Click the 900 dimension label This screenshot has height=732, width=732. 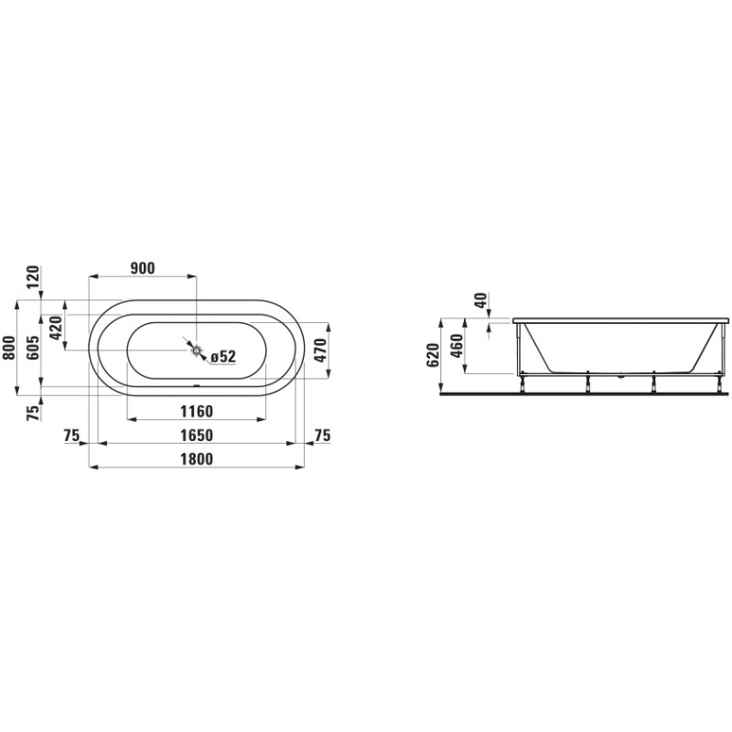click(142, 268)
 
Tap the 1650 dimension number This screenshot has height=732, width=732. click(196, 435)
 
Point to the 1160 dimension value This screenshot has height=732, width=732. click(196, 411)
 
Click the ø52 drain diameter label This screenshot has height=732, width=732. click(223, 357)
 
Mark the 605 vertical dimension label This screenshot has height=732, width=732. click(32, 349)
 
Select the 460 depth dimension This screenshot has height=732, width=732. click(457, 348)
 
